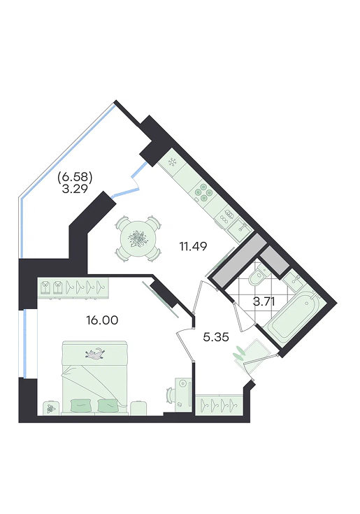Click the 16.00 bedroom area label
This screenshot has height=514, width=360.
[x=102, y=320]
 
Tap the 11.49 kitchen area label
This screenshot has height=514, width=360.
[x=193, y=246]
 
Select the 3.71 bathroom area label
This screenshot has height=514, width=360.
[x=264, y=301]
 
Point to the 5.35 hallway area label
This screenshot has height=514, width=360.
[x=216, y=337]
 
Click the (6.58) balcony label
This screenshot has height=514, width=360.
[x=75, y=178]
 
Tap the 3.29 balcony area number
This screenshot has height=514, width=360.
[x=75, y=189]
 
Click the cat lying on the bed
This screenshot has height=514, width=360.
[x=95, y=353]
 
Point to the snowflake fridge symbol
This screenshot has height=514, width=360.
[x=172, y=162]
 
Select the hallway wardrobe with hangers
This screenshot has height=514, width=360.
[x=219, y=405]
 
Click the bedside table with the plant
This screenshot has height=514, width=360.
[x=50, y=408]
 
